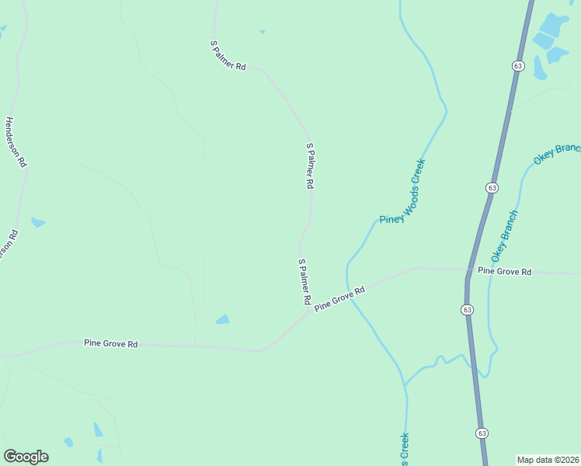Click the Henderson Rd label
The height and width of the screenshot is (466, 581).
pos(16,142)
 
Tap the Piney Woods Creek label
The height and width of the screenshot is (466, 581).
pos(403,191)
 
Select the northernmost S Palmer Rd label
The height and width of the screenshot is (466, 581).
pos(228,56)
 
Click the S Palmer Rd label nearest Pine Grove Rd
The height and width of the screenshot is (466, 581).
pos(304,281)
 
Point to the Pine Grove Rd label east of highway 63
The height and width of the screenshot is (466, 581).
pos(504,271)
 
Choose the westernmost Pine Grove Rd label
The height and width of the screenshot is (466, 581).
pos(110,343)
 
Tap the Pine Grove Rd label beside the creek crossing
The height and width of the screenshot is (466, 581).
pos(339,300)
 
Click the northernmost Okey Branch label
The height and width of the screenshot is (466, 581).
pos(557,154)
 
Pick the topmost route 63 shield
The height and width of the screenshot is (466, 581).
pos(518,66)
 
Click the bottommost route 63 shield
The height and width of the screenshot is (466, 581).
pos(482,433)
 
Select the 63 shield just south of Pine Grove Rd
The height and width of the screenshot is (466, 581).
pos(467,309)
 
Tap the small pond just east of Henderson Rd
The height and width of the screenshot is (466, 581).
pos(37,223)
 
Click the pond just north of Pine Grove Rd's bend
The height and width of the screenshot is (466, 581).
pos(223,319)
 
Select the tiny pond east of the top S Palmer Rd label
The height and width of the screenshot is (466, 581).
pos(262,32)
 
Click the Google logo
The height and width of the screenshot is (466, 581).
pos(26,457)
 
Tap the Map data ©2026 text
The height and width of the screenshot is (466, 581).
pos(548,460)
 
